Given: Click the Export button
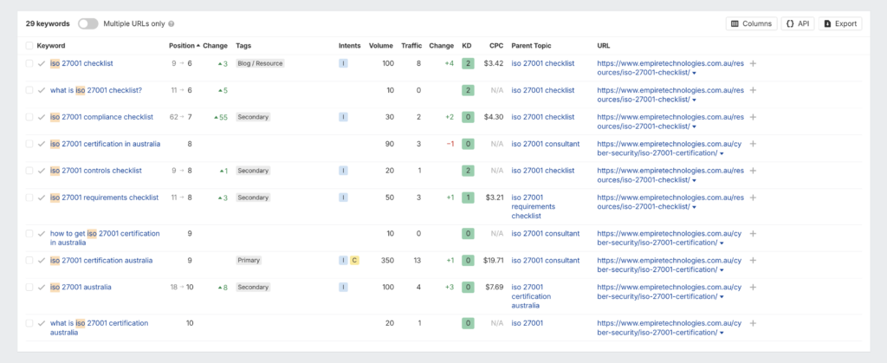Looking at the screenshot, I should (x=839, y=23).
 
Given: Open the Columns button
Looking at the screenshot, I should (x=751, y=23).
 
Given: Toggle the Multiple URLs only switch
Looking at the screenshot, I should (x=87, y=23).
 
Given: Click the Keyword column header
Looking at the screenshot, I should (x=50, y=45).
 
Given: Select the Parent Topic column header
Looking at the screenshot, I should (x=531, y=45).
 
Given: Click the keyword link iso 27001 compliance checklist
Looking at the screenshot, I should (x=101, y=117).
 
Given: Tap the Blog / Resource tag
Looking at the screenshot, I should (x=260, y=63).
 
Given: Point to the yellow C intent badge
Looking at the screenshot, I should (x=354, y=260).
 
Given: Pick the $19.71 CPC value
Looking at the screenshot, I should (x=493, y=260).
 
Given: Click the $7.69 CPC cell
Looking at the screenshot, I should (x=493, y=287).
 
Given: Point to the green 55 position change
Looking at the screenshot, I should (x=222, y=117).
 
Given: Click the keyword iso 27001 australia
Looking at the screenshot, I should (x=81, y=287).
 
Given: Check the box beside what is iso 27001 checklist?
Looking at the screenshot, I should (x=29, y=90).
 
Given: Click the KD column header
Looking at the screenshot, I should (x=467, y=45).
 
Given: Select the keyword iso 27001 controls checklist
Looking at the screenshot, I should (x=95, y=171).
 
